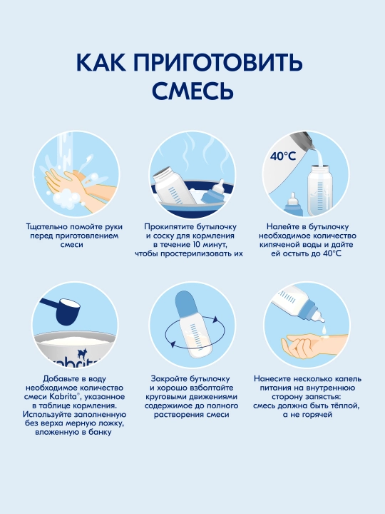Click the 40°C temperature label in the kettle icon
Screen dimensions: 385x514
point(283,156)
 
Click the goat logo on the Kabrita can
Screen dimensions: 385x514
point(81,353)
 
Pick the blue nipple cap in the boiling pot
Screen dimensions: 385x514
point(214,194)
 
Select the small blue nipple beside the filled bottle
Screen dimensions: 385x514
point(293,204)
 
